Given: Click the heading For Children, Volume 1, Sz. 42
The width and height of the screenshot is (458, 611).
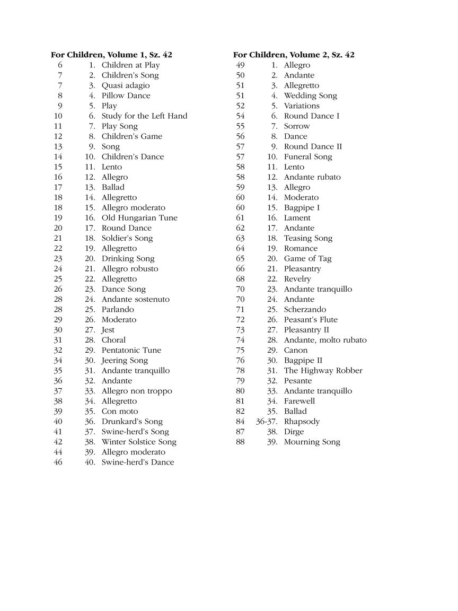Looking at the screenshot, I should coord(111,55).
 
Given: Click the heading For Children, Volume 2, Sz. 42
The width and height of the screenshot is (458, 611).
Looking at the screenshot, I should coord(294,55).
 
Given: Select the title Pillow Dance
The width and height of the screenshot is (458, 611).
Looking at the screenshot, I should coord(126,95).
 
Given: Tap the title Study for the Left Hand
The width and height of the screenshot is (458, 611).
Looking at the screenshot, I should coord(144,116).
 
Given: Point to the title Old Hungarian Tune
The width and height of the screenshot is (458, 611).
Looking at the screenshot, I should coord(139,217).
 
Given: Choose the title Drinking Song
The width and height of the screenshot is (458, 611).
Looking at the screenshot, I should coord(128,258).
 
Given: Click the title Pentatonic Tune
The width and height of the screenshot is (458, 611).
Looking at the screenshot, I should coord(131,350).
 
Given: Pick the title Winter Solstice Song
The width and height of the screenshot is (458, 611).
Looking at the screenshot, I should coord(139,442).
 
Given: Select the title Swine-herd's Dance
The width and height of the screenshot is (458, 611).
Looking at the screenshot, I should coord(137,462).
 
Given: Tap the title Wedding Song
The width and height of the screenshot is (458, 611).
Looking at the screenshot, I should coord(310,95).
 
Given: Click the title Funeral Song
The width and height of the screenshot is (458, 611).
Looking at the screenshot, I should coord(308,156).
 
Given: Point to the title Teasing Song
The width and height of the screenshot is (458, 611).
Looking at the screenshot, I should coord(308,238).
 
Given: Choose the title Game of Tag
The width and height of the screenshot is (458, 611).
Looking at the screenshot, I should coord(307,258).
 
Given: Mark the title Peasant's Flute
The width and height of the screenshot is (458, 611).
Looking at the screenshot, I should coord(311,319).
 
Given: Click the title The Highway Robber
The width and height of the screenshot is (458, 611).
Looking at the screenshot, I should coord(323,370).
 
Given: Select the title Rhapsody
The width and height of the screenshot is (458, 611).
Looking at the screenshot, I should coord(302,421).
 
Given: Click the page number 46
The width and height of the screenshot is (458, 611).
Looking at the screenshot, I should coord(58,462).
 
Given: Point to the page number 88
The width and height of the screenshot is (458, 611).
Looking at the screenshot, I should coord(240,442).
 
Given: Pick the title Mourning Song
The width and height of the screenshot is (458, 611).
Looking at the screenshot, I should coord(312,442).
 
